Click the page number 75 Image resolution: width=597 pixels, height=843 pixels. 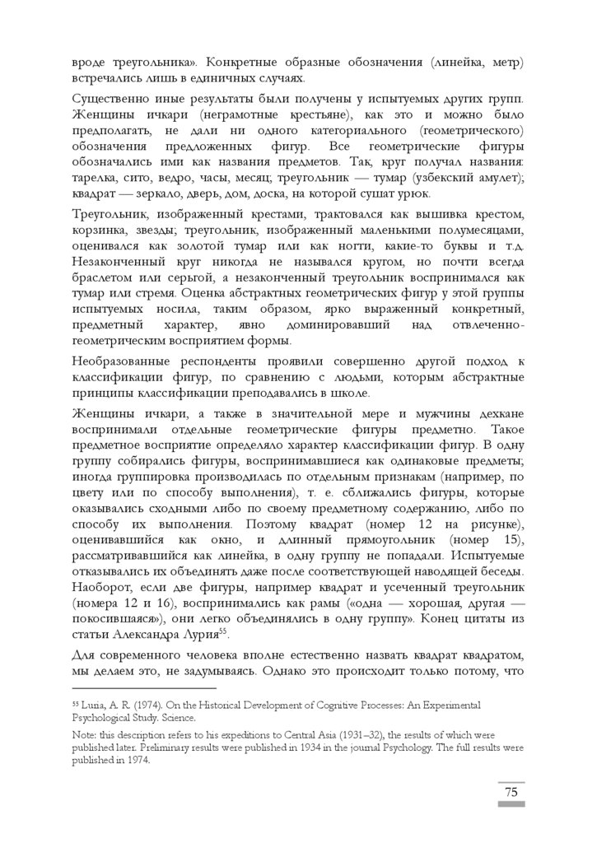[511, 792]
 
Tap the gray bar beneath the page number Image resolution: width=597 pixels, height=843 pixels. [511, 804]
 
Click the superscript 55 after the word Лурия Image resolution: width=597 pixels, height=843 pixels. [219, 631]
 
